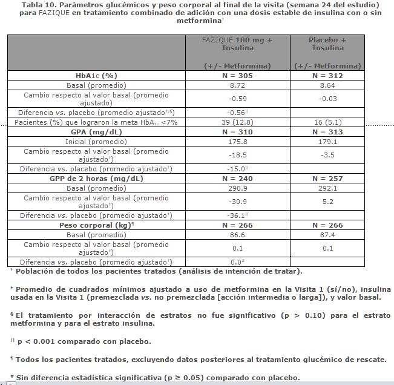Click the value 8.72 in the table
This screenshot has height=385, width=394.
(237, 85)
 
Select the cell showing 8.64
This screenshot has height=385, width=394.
(327, 85)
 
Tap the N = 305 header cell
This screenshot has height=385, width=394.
(237, 76)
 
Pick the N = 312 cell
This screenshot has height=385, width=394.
(327, 76)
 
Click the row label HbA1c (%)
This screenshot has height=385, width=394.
(96, 76)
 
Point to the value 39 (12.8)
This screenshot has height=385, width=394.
(237, 122)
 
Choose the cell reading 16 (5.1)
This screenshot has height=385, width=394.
(327, 122)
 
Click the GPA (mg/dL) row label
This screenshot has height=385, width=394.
(96, 132)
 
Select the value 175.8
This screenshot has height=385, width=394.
(237, 142)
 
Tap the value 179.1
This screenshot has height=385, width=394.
(327, 142)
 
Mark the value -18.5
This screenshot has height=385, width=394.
(237, 155)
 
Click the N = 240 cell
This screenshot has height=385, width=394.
(237, 179)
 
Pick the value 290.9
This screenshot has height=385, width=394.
(237, 188)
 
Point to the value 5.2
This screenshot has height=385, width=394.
(327, 202)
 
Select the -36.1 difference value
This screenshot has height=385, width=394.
(236, 215)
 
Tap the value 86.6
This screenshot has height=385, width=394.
(237, 234)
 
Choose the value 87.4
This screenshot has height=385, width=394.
(327, 234)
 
